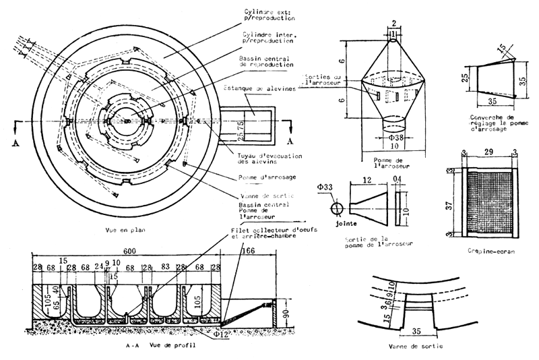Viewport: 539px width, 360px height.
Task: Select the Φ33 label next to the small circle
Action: pos(326,186)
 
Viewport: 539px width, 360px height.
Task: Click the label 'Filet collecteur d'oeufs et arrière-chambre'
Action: pos(265,233)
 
